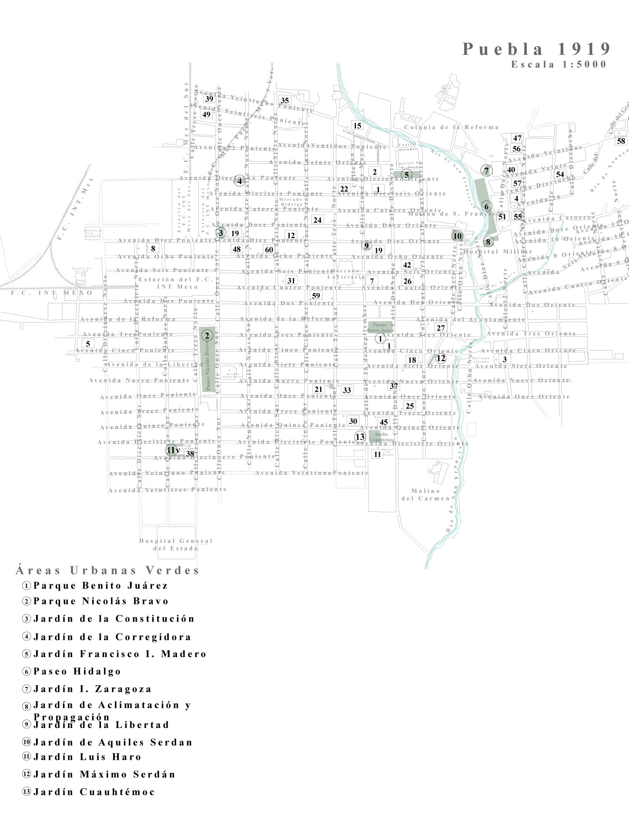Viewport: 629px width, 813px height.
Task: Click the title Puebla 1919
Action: tap(536, 49)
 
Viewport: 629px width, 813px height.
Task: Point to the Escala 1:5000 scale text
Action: tap(559, 65)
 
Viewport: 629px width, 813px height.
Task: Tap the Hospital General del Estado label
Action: tap(176, 545)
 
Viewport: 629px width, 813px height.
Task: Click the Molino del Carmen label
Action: tap(426, 495)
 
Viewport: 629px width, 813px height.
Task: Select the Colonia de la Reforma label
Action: tap(451, 127)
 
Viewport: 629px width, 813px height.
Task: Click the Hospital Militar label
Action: tap(498, 252)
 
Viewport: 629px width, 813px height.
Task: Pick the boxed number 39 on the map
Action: tap(209, 99)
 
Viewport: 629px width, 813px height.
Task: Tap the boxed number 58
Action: tap(621, 141)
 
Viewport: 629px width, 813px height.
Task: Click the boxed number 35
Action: tap(285, 100)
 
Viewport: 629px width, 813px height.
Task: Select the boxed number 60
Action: tap(269, 250)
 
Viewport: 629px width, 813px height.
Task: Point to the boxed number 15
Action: tap(357, 126)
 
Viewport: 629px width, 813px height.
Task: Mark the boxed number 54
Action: tap(560, 174)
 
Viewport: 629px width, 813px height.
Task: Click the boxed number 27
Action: tap(440, 328)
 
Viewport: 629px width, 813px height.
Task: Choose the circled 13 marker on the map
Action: tap(360, 437)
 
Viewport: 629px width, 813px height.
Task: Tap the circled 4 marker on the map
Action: tap(239, 181)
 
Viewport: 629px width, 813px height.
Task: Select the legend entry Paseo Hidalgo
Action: tap(77, 671)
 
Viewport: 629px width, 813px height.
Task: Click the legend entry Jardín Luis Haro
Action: tap(87, 757)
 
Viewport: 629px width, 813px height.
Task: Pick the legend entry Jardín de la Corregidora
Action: tap(112, 637)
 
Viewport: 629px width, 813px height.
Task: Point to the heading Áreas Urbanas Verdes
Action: tap(107, 570)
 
